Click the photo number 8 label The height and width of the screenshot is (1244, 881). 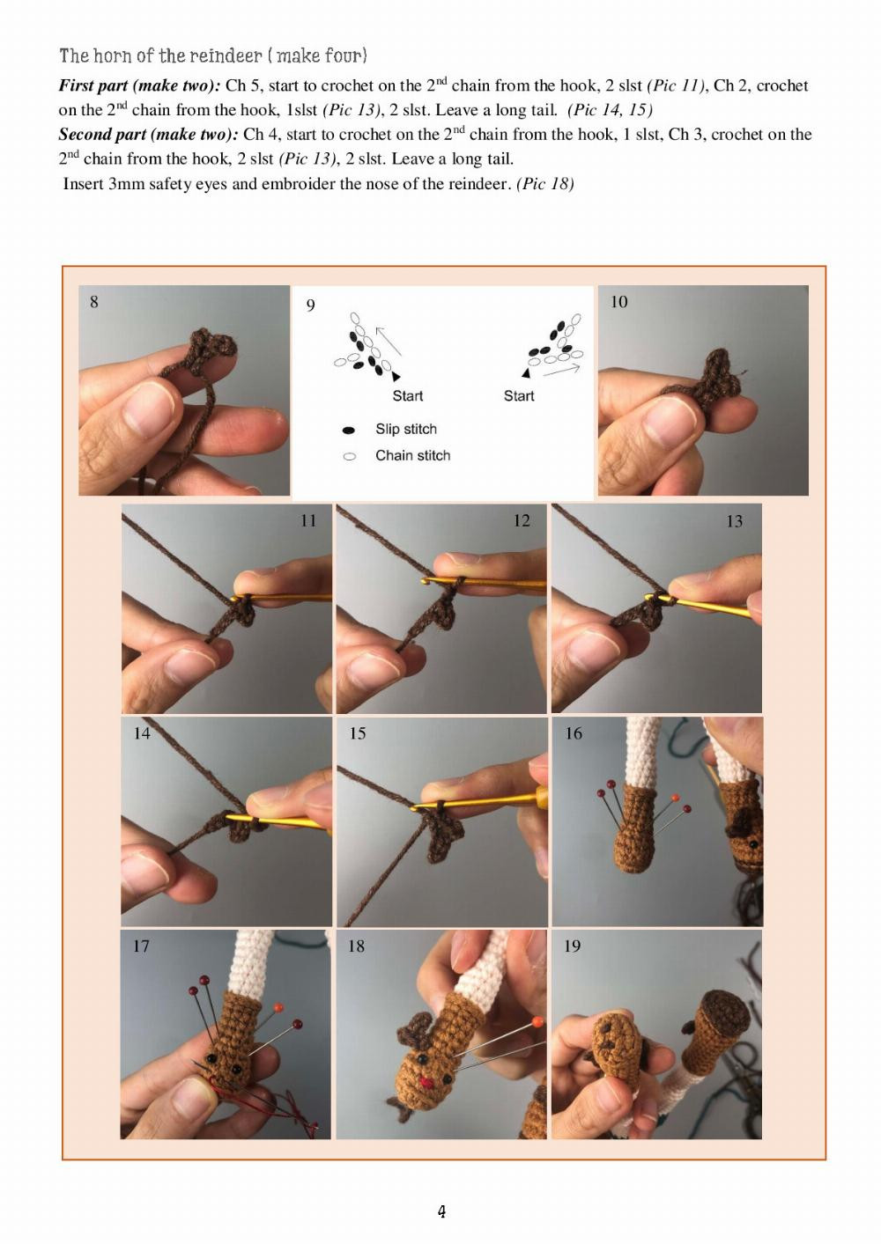point(94,302)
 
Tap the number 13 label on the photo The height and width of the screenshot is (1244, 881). point(734,521)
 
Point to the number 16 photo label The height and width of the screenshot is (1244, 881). point(574,733)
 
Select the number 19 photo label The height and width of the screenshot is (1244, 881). point(573,946)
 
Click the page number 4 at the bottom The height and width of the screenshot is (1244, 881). point(441,1211)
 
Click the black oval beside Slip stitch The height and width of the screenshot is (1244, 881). point(349,431)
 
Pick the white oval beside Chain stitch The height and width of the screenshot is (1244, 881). point(349,457)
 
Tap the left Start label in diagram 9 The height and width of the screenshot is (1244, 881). point(407,396)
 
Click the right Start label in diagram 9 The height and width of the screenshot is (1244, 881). point(519,396)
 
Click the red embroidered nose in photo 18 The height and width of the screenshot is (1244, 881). point(427,1082)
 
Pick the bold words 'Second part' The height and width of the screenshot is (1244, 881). point(102,135)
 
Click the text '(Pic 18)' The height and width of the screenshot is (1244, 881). point(545,184)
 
